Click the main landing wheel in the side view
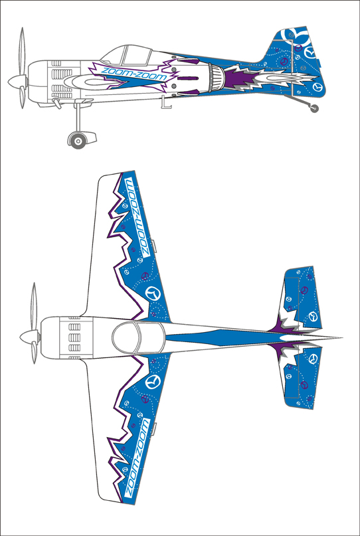(78, 141)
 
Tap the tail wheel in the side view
(314, 109)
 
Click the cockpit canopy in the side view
(126, 54)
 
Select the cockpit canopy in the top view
(137, 337)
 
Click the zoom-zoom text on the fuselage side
(134, 74)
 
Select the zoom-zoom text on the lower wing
(137, 458)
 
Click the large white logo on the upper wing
(153, 294)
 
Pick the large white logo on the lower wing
(153, 381)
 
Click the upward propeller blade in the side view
(22, 52)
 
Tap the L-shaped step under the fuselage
(167, 103)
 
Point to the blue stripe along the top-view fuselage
(226, 337)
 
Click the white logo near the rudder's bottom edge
(318, 87)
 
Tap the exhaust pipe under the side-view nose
(56, 103)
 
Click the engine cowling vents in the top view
(74, 337)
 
